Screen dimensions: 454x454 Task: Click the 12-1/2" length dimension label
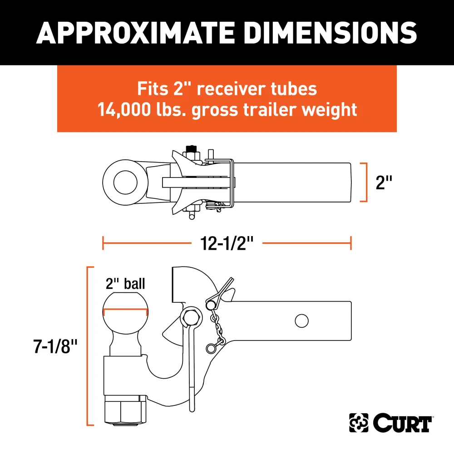pyautogui.click(x=227, y=244)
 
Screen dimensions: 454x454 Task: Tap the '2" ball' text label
pyautogui.click(x=125, y=284)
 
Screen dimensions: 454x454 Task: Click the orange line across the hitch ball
pyautogui.click(x=125, y=312)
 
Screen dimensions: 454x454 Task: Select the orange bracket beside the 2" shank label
pyautogui.click(x=364, y=182)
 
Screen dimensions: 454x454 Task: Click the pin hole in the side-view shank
pyautogui.click(x=301, y=321)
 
